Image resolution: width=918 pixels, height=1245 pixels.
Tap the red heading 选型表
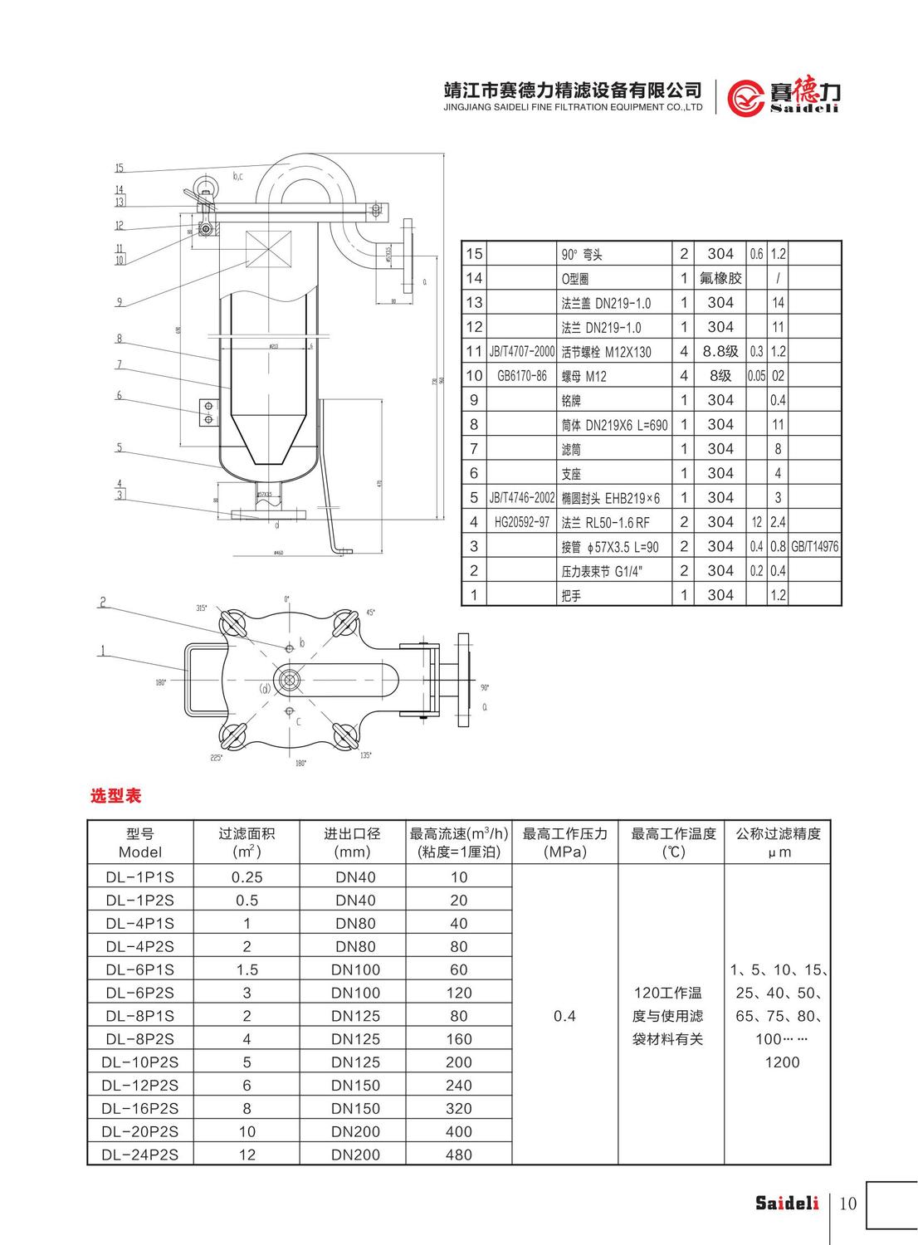(115, 796)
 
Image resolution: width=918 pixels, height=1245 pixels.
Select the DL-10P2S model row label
(140, 1062)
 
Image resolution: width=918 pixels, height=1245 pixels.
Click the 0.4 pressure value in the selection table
(564, 1016)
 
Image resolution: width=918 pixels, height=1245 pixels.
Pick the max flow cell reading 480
(458, 1155)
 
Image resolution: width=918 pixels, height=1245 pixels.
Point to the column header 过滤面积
(247, 833)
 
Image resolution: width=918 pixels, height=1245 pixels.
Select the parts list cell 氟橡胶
(720, 278)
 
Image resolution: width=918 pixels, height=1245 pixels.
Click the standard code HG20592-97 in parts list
(521, 522)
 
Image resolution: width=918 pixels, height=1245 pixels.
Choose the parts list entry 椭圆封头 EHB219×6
(610, 498)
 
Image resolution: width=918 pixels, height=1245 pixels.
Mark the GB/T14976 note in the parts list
(814, 546)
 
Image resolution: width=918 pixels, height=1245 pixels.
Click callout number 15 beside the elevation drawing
(120, 168)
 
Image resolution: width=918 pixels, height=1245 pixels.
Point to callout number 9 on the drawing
(120, 302)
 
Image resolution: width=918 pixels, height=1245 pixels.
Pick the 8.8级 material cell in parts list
(720, 351)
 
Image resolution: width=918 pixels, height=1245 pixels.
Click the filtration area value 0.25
(247, 877)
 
